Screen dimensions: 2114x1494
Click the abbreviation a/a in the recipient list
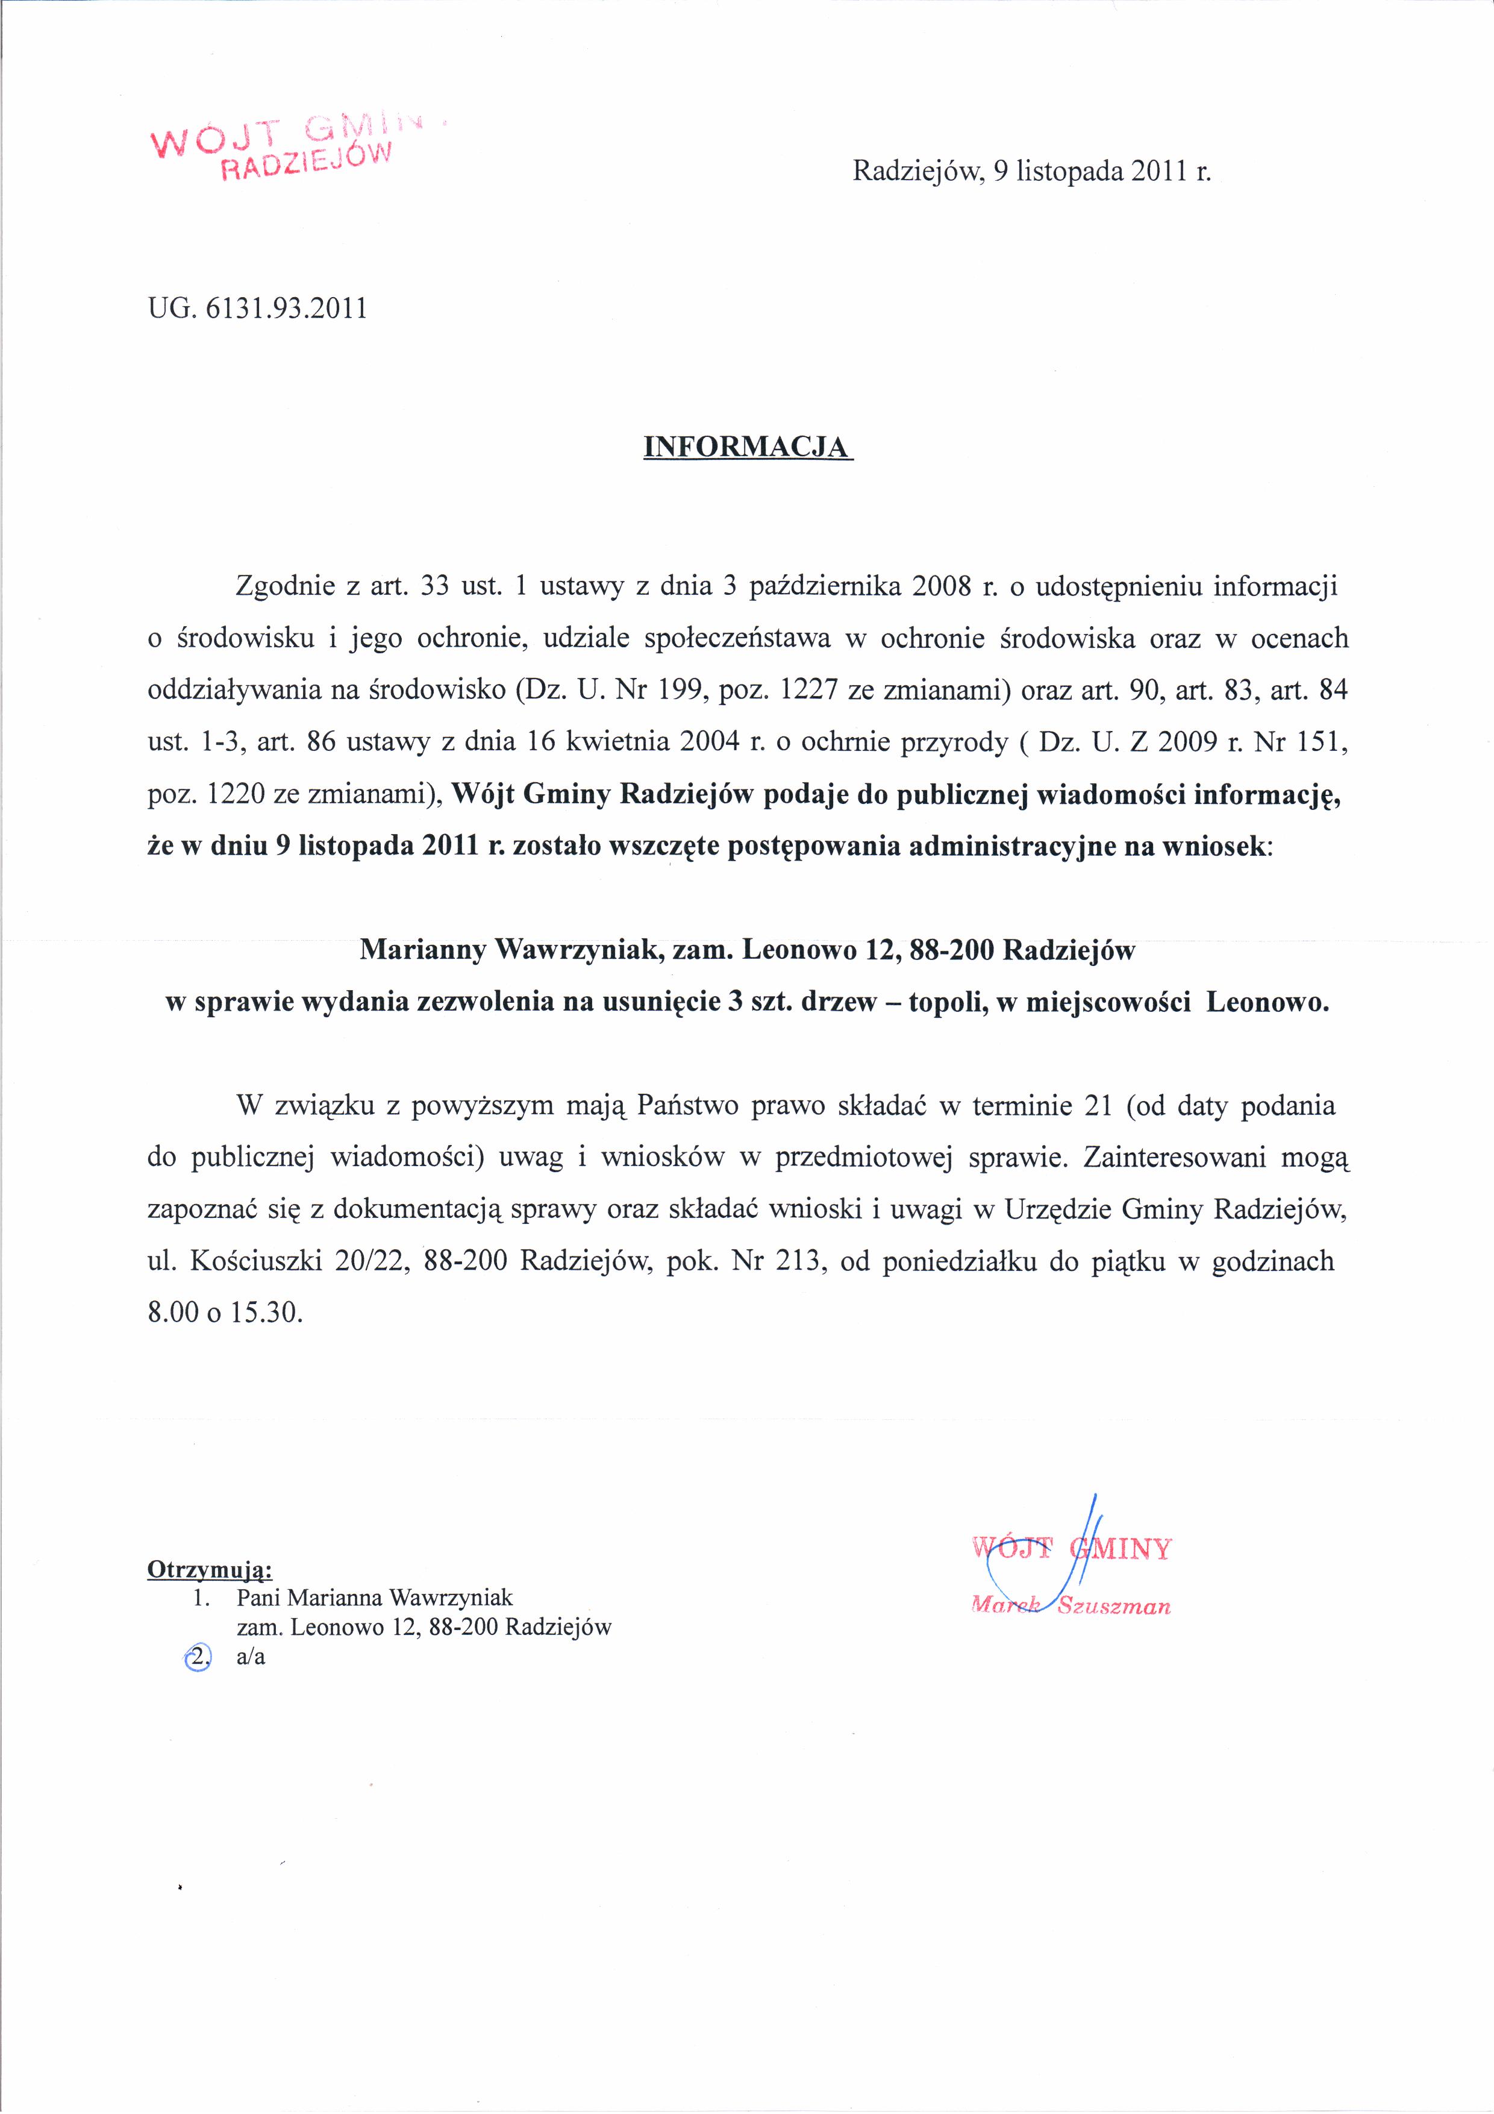tap(251, 1657)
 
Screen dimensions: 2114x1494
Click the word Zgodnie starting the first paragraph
tap(286, 586)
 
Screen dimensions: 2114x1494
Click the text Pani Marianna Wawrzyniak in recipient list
tap(375, 1598)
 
